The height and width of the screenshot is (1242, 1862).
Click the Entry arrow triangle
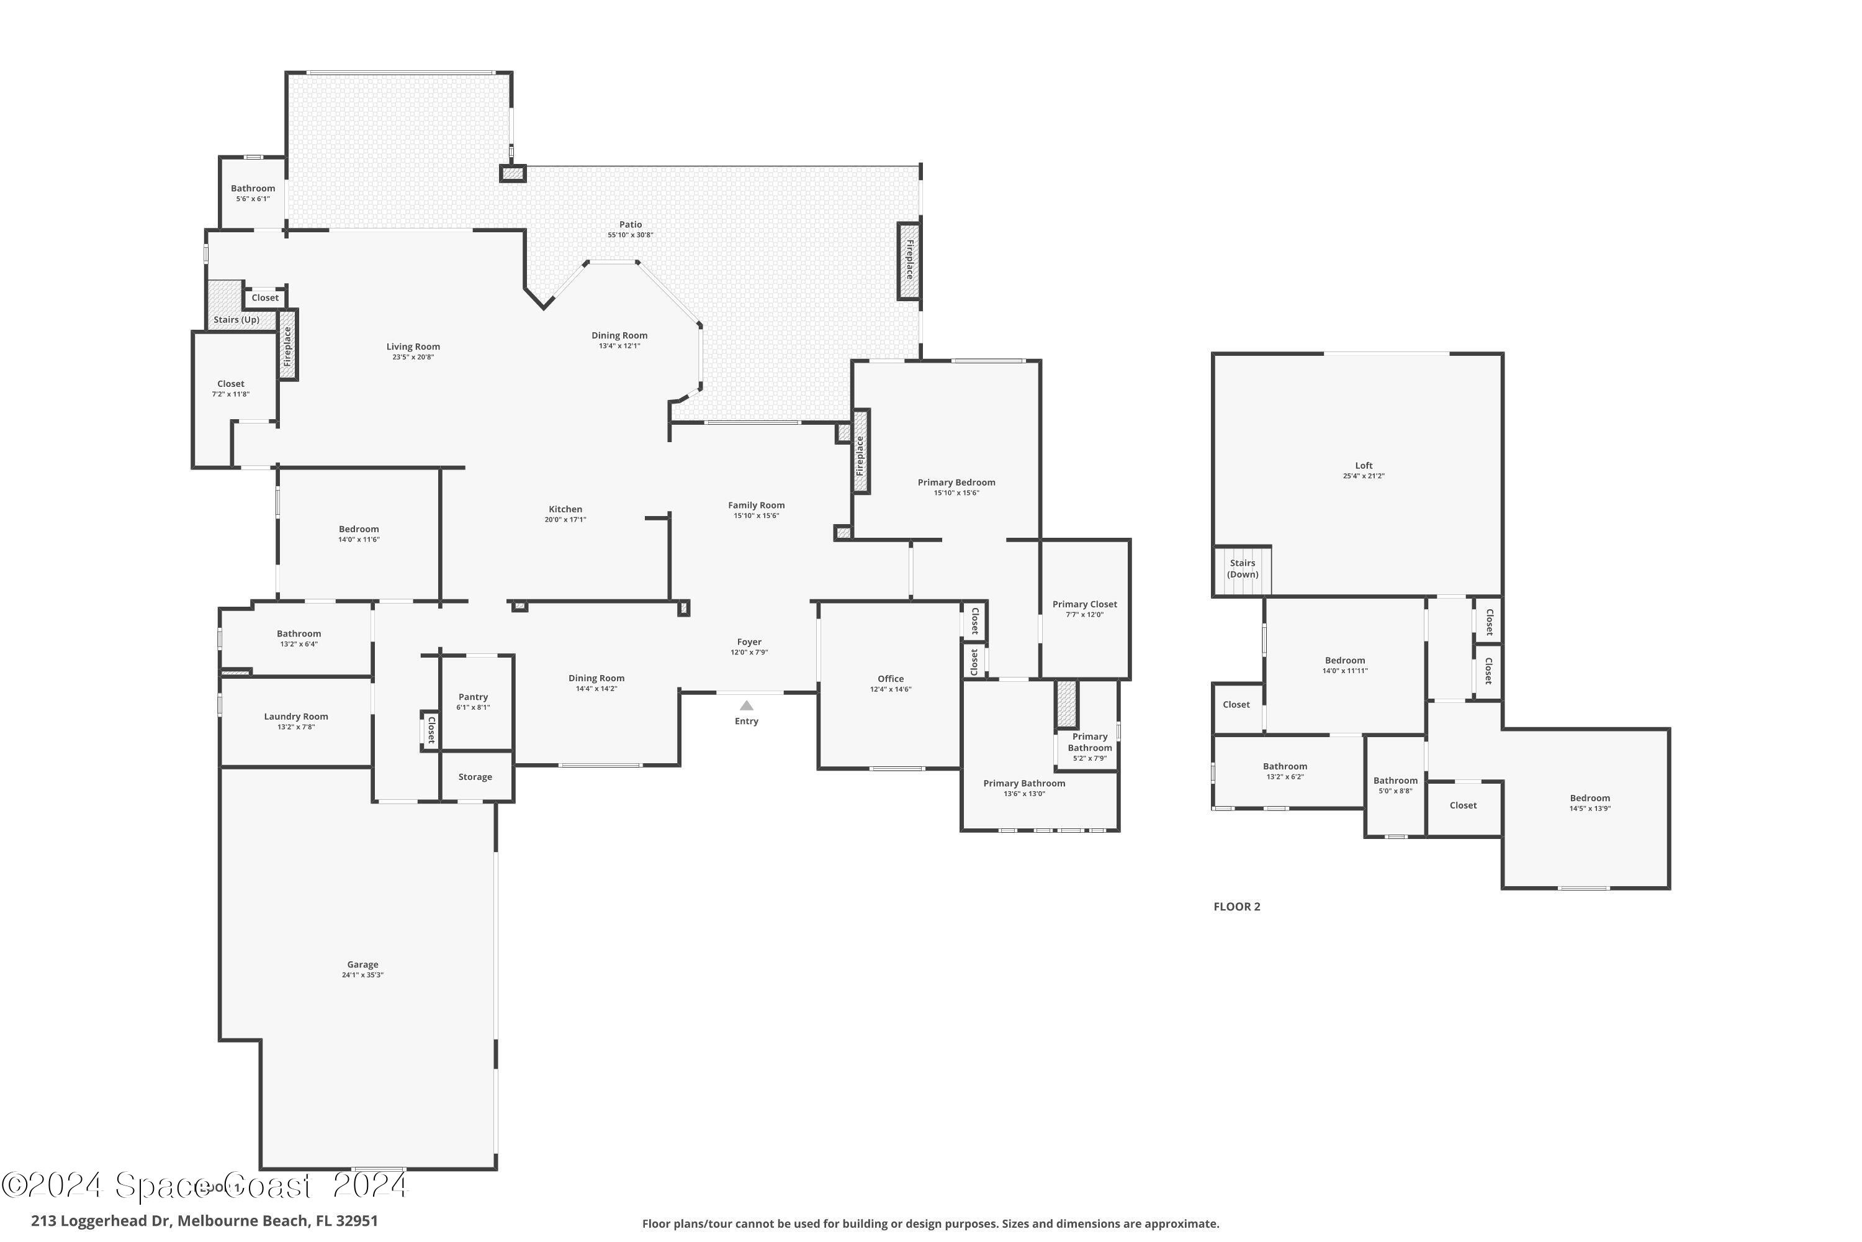pyautogui.click(x=746, y=705)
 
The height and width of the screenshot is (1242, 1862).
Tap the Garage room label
pyautogui.click(x=362, y=965)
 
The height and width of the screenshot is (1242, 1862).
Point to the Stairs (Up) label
pyautogui.click(x=236, y=320)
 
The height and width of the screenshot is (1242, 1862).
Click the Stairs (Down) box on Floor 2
pyautogui.click(x=1242, y=569)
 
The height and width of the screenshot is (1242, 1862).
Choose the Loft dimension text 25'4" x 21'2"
pyautogui.click(x=1363, y=476)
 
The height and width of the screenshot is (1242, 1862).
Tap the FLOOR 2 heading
pyautogui.click(x=1236, y=907)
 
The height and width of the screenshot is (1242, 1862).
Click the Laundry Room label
pyautogui.click(x=296, y=717)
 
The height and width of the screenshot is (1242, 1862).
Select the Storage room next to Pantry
pyautogui.click(x=475, y=777)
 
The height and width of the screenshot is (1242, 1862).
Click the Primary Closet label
pyautogui.click(x=1084, y=604)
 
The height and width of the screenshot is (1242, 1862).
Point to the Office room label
pyautogui.click(x=891, y=679)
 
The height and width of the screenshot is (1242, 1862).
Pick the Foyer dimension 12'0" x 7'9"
pyautogui.click(x=749, y=653)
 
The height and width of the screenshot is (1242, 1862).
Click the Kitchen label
pyautogui.click(x=565, y=509)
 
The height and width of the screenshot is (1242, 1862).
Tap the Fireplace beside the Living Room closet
pyautogui.click(x=287, y=345)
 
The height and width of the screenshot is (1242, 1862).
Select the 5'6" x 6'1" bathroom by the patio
pyautogui.click(x=253, y=193)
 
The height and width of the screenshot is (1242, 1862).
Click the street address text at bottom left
pyautogui.click(x=204, y=1221)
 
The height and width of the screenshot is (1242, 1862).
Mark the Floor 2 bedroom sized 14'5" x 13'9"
pyautogui.click(x=1590, y=802)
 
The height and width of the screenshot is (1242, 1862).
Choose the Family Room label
pyautogui.click(x=756, y=505)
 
